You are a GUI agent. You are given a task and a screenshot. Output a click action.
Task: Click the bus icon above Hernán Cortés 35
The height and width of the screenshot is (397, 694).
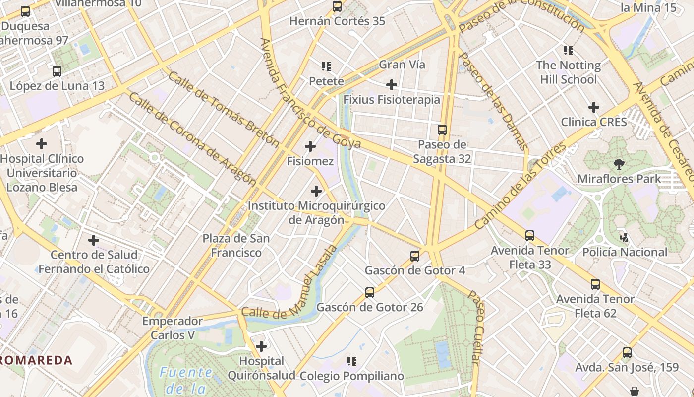click(x=337, y=6)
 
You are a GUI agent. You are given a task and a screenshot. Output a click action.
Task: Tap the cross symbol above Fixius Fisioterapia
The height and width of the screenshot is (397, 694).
click(x=392, y=85)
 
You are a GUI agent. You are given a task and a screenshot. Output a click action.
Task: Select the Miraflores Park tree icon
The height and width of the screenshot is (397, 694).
click(x=619, y=164)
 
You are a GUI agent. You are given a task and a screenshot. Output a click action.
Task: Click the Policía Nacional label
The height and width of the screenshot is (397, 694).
click(x=625, y=252)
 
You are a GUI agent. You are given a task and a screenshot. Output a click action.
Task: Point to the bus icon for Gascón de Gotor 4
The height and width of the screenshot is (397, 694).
click(x=415, y=256)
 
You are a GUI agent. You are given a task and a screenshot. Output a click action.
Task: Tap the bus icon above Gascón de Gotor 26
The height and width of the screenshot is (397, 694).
click(x=370, y=292)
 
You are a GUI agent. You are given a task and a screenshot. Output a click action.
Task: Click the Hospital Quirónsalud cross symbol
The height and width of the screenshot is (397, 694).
click(x=261, y=346)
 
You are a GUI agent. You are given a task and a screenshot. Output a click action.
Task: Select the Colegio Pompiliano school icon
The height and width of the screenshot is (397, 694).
click(x=352, y=361)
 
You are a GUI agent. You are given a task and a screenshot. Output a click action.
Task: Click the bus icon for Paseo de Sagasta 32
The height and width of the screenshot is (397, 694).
click(x=442, y=130)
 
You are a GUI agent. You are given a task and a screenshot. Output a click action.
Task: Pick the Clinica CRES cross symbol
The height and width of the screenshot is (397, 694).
click(x=594, y=107)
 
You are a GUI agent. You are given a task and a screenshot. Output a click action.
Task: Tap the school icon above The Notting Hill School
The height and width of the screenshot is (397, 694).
click(x=568, y=51)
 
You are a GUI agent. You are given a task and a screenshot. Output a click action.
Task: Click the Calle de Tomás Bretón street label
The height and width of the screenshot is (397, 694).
click(x=224, y=110)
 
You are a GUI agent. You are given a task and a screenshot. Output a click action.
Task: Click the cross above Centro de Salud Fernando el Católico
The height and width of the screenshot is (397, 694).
click(x=94, y=240)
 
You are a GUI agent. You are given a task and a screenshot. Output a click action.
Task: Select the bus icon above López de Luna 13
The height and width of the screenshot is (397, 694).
click(x=57, y=71)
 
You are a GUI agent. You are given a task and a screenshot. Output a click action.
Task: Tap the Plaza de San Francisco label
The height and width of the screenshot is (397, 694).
click(x=236, y=246)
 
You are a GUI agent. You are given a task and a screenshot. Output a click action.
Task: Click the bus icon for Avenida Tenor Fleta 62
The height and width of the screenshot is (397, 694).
click(x=595, y=284)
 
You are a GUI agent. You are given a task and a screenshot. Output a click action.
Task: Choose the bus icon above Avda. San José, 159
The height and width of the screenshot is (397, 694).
click(x=627, y=353)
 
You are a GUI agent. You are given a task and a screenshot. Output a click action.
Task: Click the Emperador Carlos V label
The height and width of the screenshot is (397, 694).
click(x=173, y=328)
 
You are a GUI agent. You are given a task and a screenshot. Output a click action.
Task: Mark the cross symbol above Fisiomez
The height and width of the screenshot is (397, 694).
click(x=310, y=146)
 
